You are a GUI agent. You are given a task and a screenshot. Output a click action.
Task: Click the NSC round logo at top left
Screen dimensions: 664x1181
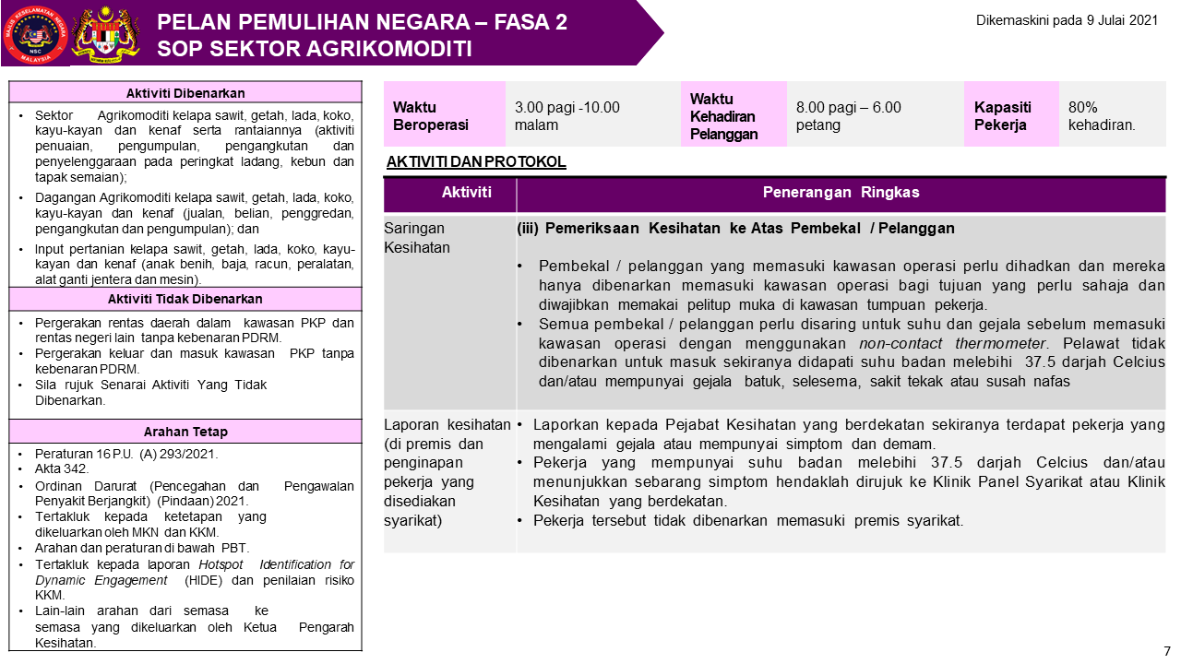pyautogui.click(x=36, y=33)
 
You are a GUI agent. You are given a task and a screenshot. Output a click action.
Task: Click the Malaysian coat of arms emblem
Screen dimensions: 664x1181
pyautogui.click(x=104, y=33)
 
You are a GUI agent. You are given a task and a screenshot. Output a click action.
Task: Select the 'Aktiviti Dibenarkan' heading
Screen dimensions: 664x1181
pyautogui.click(x=185, y=92)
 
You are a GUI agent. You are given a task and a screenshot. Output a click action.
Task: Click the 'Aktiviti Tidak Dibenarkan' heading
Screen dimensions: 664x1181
pyautogui.click(x=185, y=299)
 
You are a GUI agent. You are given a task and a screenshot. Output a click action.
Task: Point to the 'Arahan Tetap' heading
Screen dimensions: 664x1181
pyautogui.click(x=185, y=432)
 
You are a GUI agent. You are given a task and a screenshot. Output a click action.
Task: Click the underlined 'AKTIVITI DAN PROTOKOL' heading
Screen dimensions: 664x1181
pyautogui.click(x=476, y=162)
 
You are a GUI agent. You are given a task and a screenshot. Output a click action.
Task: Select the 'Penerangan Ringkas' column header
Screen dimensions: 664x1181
pyautogui.click(x=841, y=193)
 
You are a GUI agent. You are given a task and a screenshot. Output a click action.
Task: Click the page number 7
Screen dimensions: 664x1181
pyautogui.click(x=1167, y=650)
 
